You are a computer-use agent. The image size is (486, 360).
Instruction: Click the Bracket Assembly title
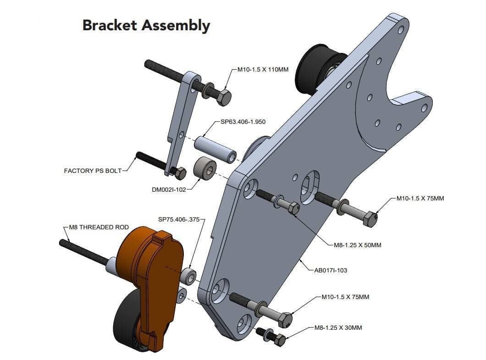tap(146, 25)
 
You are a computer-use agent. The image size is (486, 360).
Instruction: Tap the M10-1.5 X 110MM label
tap(263, 70)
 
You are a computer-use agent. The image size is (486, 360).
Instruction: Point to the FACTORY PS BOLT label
tap(93, 171)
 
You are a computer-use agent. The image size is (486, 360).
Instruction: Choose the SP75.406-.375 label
tap(179, 220)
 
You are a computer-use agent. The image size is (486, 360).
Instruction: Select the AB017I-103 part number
tap(330, 270)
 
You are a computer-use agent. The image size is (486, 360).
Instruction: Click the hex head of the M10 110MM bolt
tap(224, 97)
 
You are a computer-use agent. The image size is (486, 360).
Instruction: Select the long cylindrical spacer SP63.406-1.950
tap(215, 149)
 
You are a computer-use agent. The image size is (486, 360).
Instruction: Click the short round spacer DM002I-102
tap(204, 169)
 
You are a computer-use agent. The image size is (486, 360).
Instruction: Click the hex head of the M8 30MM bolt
tap(279, 340)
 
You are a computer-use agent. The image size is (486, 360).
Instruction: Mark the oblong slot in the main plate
tap(310, 187)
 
